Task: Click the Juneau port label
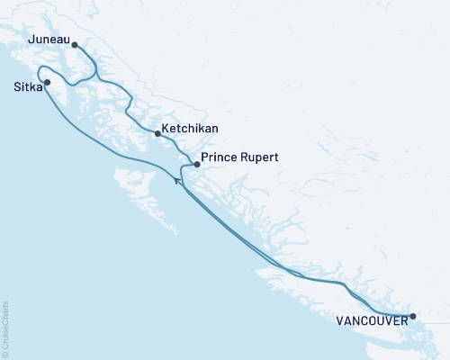48,41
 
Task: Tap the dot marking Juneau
75,44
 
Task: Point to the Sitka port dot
48,83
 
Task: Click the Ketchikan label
191,130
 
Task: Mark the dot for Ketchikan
157,134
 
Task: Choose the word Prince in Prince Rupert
220,157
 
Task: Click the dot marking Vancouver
412,316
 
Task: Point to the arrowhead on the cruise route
177,182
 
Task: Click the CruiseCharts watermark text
5,325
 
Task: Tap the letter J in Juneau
31,41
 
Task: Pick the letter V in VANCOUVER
340,319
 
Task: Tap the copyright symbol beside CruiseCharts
5,352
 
